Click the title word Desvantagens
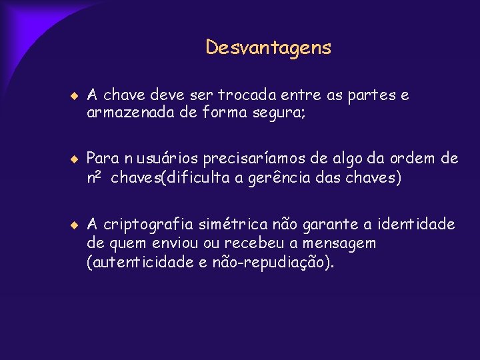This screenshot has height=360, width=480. (268, 48)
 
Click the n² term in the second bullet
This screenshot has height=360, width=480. (95, 178)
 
